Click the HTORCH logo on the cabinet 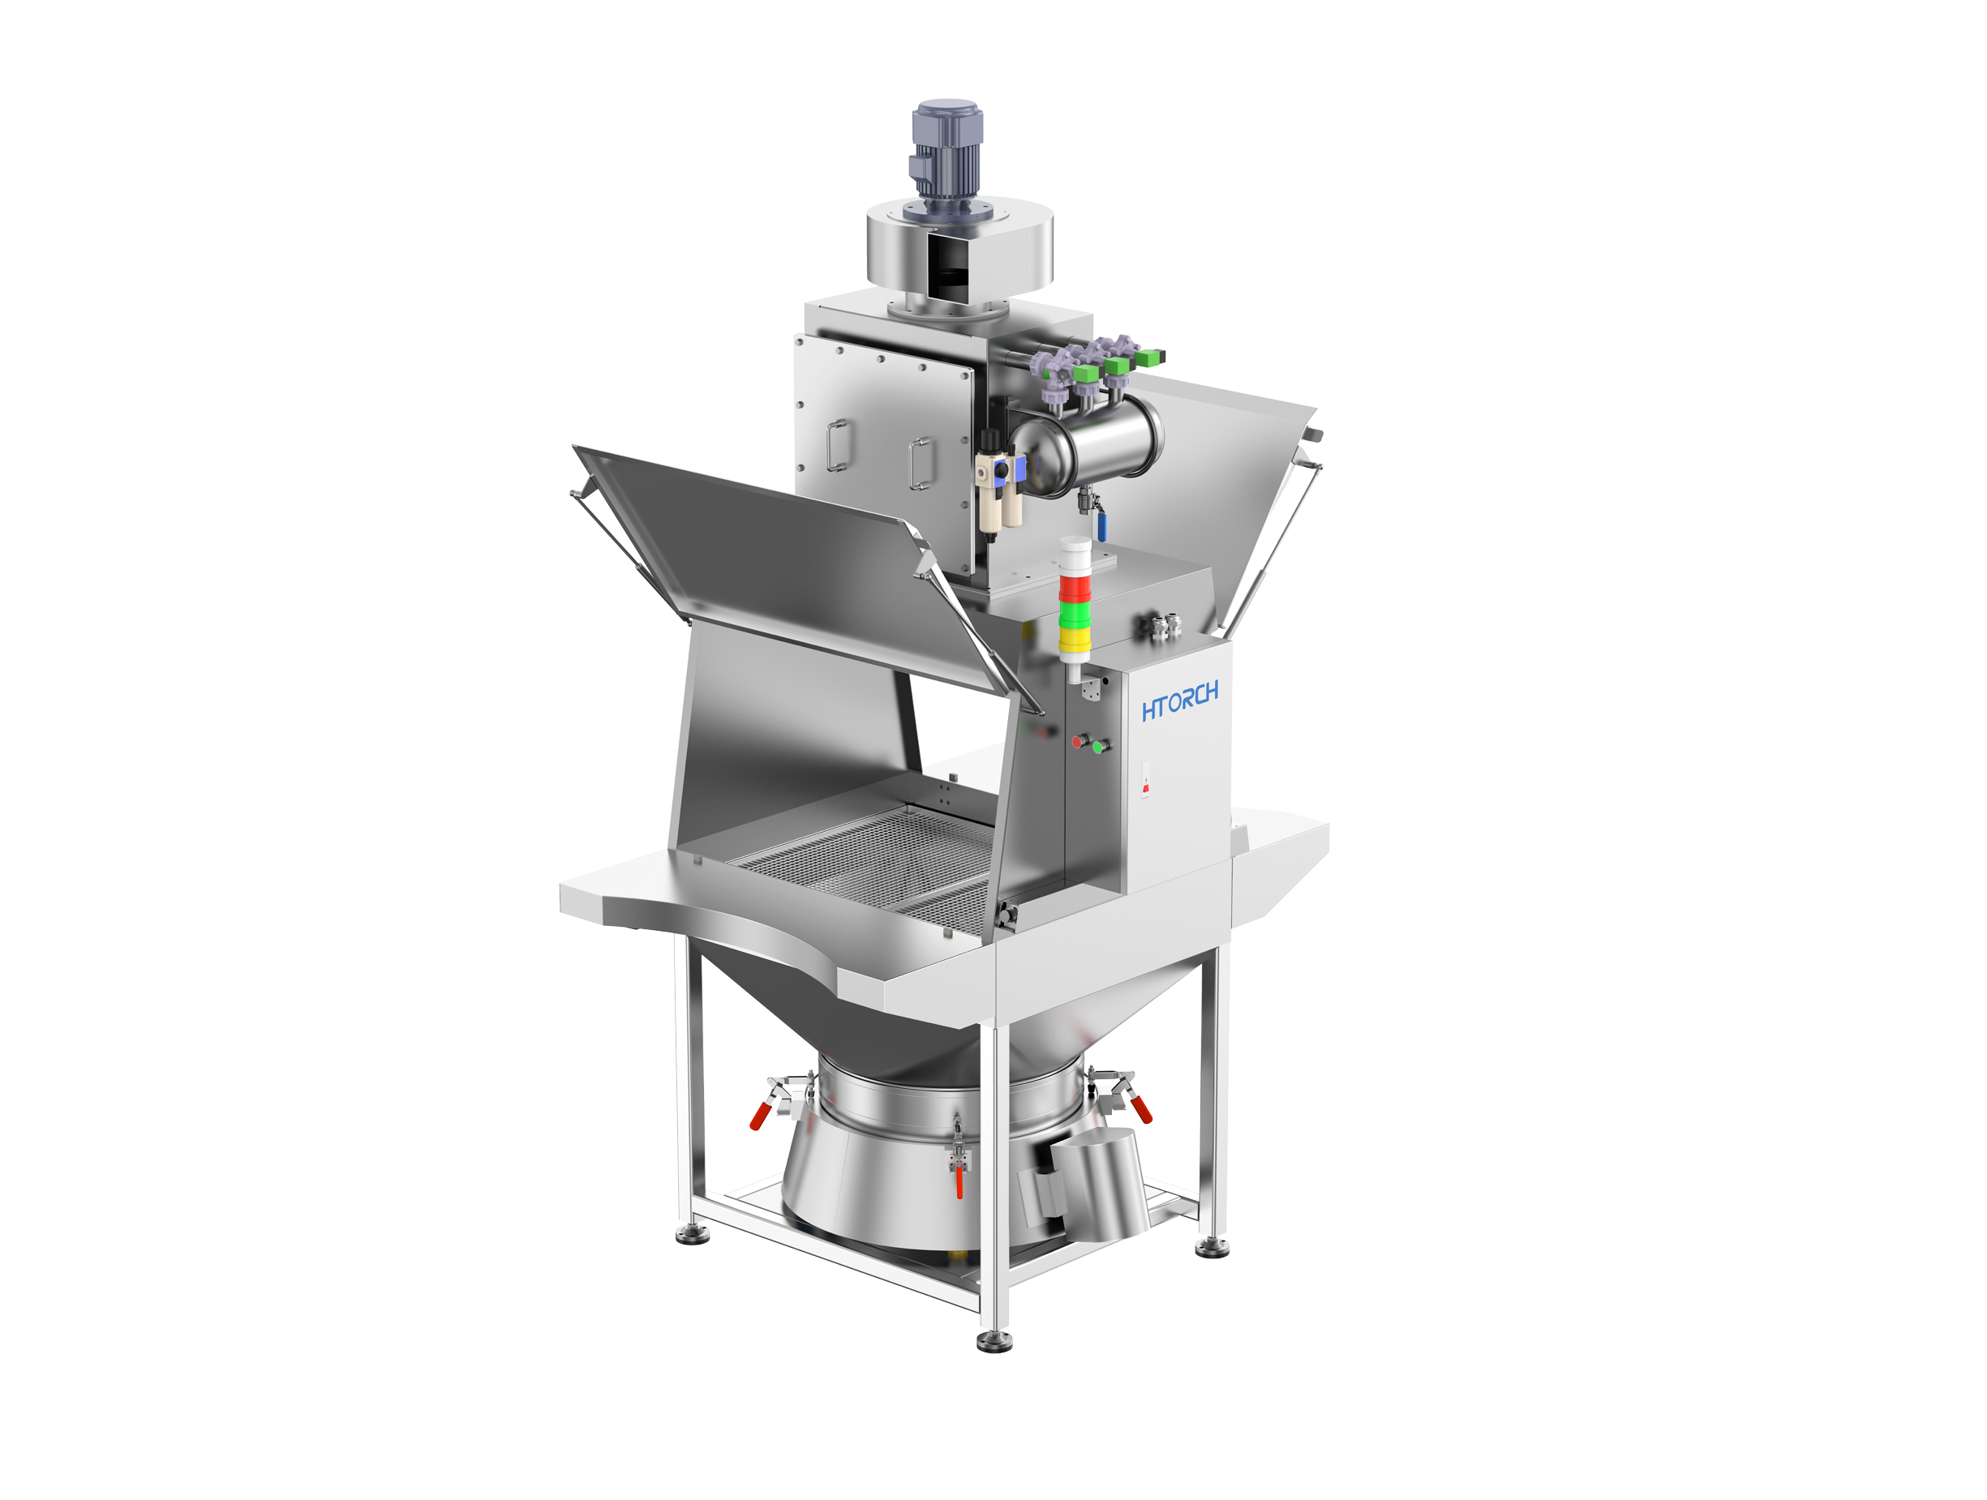tap(1179, 701)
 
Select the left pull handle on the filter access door tap(837, 444)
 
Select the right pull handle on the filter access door tap(920, 464)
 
